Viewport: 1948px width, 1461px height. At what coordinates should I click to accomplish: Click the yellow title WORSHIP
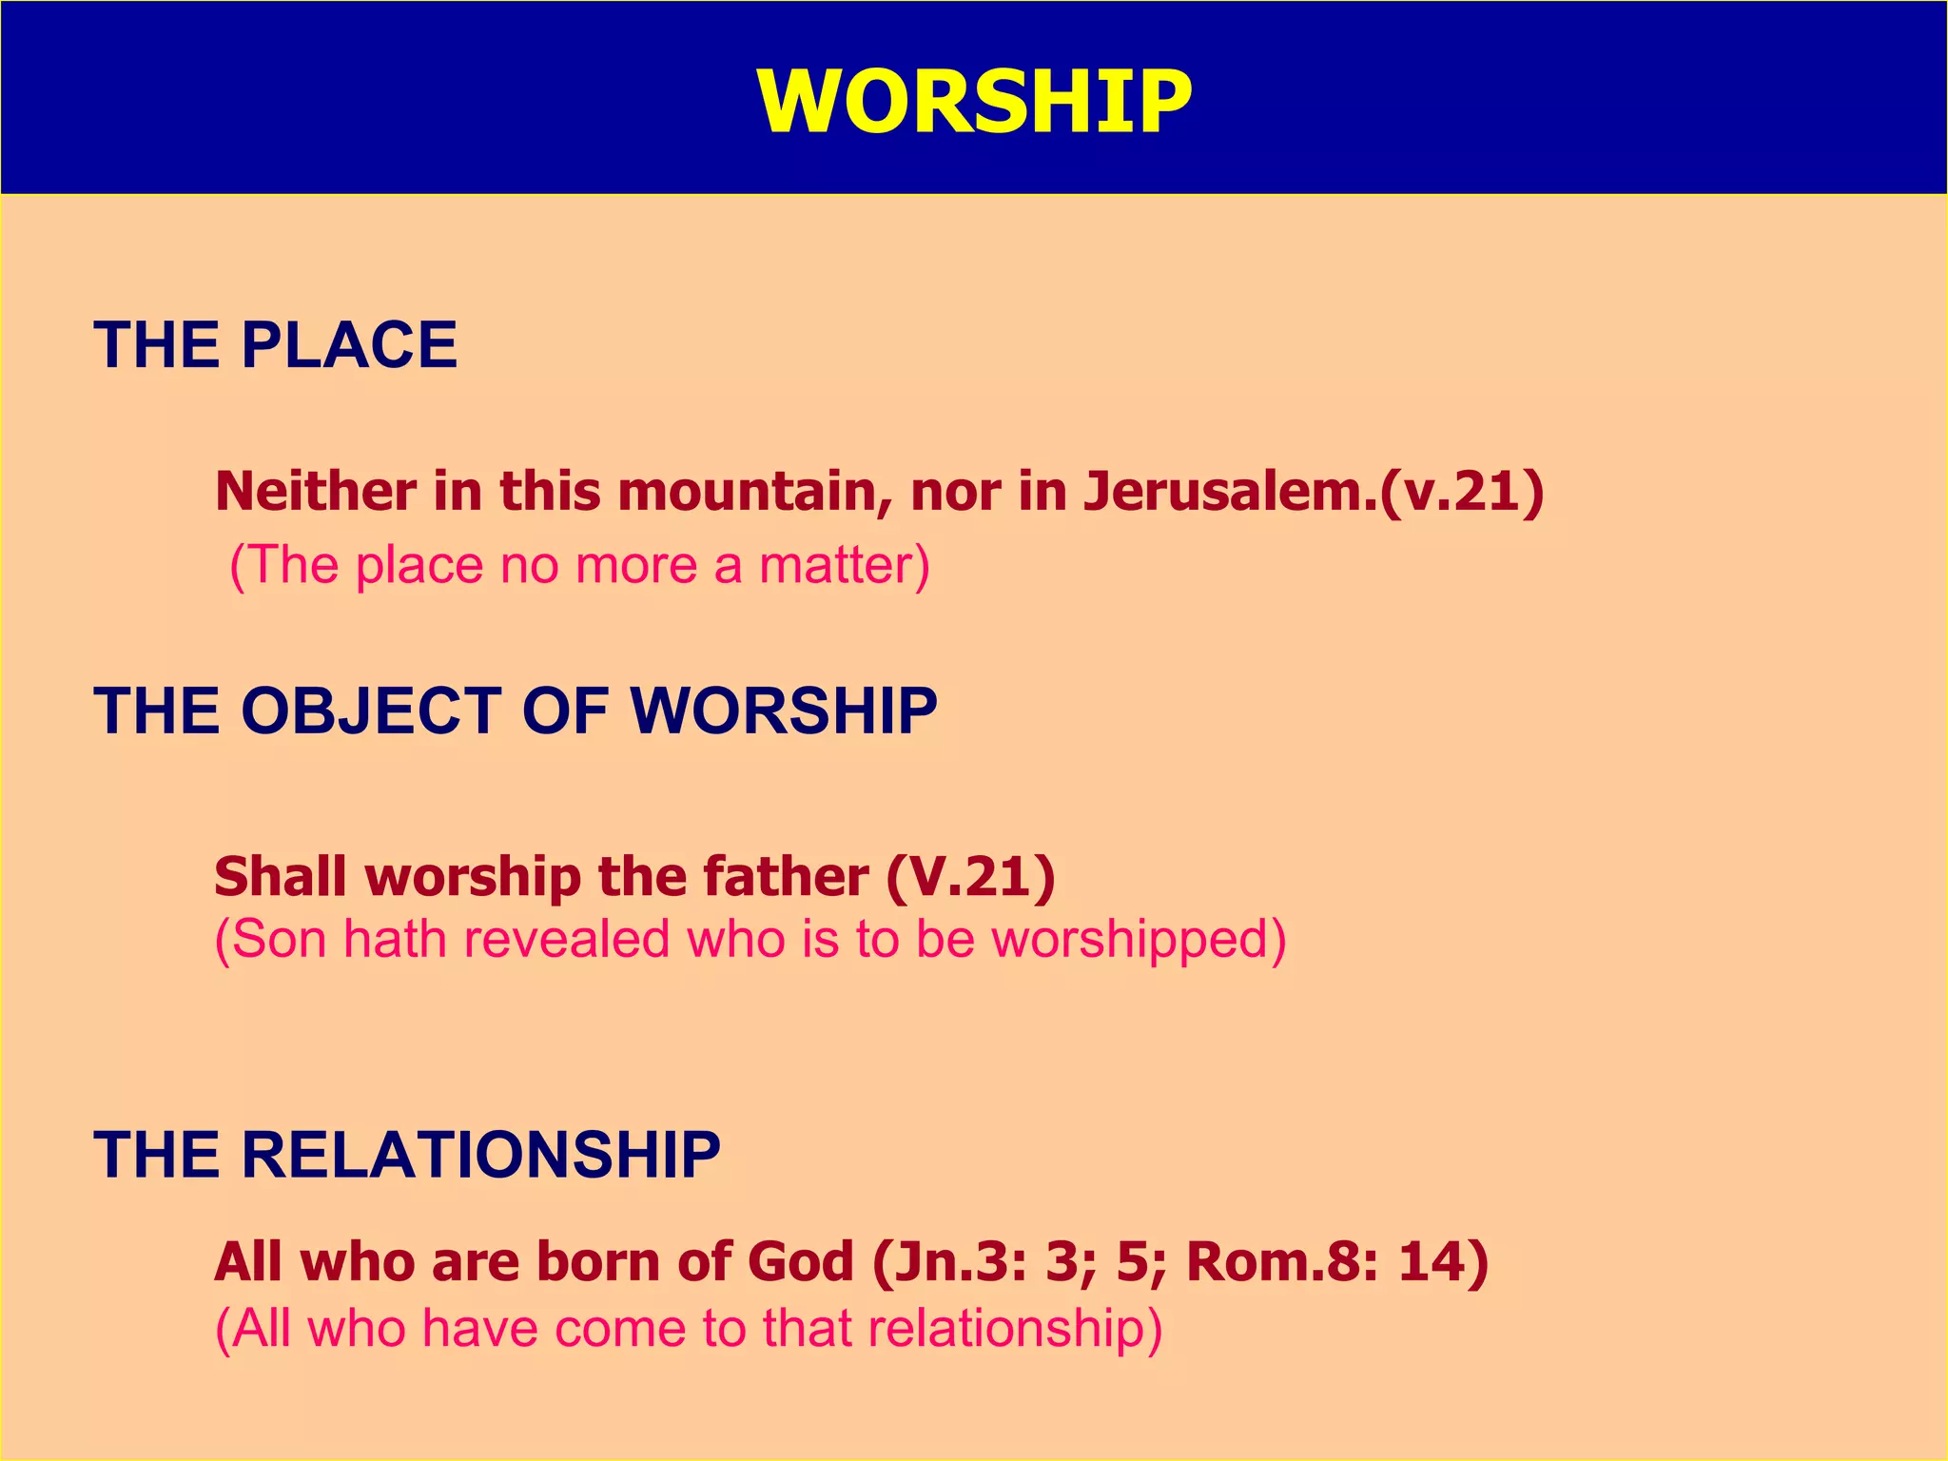974,103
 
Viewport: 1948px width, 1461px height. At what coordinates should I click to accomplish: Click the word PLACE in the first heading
349,344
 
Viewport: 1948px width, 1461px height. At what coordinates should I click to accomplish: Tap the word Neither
315,492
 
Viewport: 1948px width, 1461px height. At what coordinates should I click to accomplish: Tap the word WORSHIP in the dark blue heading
784,711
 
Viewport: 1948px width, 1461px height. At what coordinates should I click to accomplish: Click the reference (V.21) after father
971,876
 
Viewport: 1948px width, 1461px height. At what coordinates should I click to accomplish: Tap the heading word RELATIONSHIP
481,1156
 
